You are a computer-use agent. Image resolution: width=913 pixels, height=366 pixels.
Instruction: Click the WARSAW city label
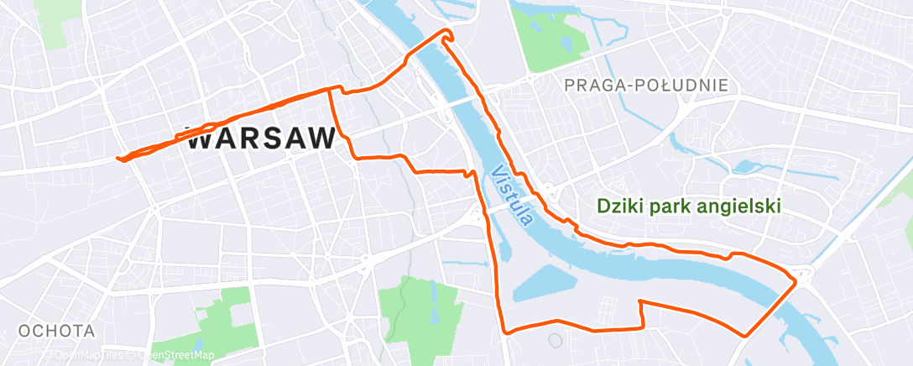tap(260, 139)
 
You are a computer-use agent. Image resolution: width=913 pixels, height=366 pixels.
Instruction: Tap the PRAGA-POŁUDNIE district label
tap(646, 85)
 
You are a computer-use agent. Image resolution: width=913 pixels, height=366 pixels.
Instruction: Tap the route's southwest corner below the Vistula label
tap(505, 332)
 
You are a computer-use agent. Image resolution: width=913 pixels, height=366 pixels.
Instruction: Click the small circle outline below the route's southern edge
tap(555, 340)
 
